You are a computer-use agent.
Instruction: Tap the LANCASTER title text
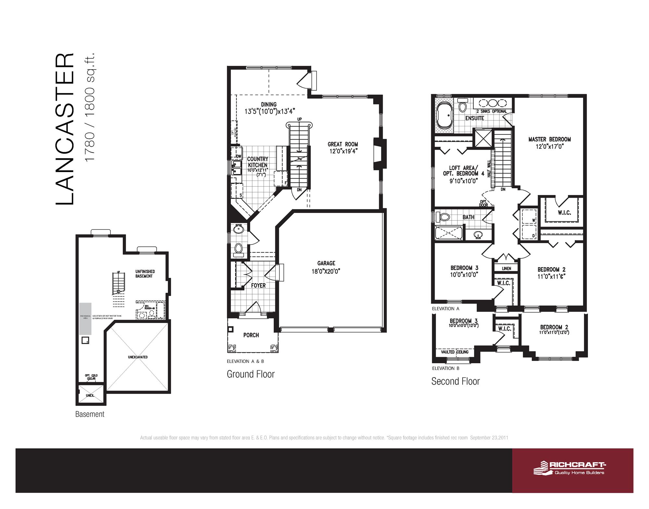65,129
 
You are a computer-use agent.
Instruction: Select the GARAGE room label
326,263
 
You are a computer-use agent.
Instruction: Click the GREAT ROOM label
343,144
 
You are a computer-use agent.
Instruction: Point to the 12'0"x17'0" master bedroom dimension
549,147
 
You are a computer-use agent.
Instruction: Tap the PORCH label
251,335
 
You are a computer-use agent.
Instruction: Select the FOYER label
258,286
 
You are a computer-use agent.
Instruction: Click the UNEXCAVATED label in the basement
138,357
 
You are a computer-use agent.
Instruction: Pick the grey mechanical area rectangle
85,318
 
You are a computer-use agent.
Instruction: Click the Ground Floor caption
250,374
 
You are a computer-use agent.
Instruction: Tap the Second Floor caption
455,381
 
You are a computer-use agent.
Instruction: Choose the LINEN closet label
506,268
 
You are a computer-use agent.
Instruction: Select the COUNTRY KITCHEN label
257,162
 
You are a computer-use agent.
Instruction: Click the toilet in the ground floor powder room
238,249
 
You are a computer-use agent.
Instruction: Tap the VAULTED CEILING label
455,352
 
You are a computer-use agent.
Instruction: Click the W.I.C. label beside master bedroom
564,213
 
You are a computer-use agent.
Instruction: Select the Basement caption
90,415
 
